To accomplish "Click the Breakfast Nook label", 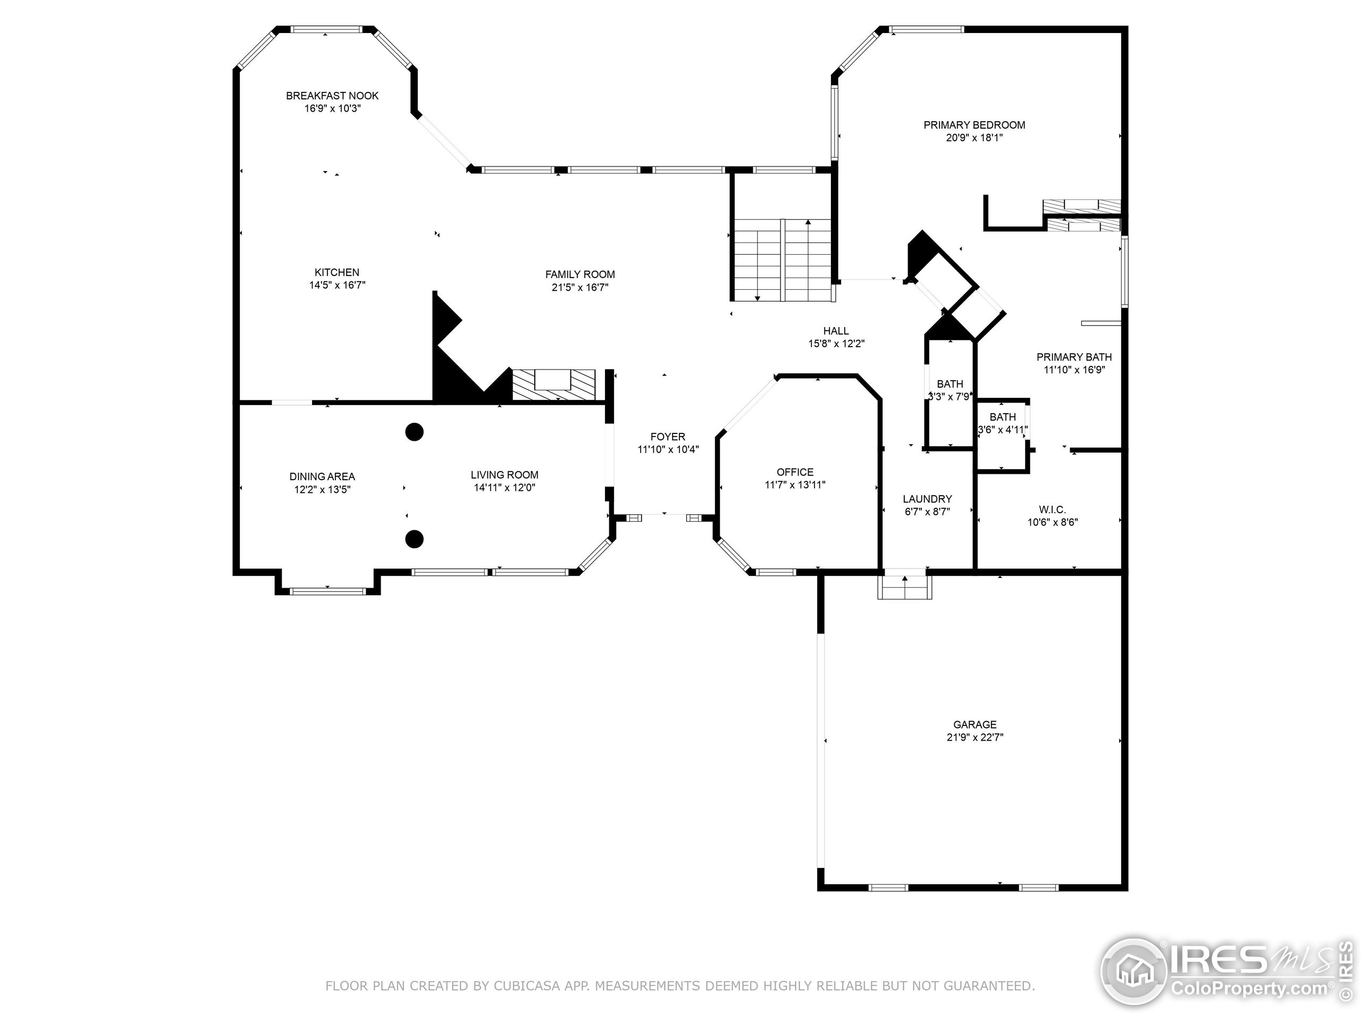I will click(x=332, y=95).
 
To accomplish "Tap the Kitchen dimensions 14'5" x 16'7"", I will click(x=337, y=285).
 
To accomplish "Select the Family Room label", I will click(x=579, y=274).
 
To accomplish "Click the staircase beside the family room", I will click(x=782, y=260).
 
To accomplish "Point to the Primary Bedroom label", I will click(x=974, y=125).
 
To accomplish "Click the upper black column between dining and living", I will click(x=415, y=432).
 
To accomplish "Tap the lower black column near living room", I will click(x=415, y=539).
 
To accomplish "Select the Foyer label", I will click(x=668, y=437).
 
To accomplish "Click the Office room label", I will click(x=795, y=472).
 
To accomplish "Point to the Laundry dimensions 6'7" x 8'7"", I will click(x=927, y=512).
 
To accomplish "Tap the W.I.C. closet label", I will click(x=1052, y=509).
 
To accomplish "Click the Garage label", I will click(x=974, y=724).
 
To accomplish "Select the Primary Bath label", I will click(x=1074, y=357).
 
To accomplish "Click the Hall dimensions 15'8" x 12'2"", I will click(x=836, y=344).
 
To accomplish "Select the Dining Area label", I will click(x=322, y=476).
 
